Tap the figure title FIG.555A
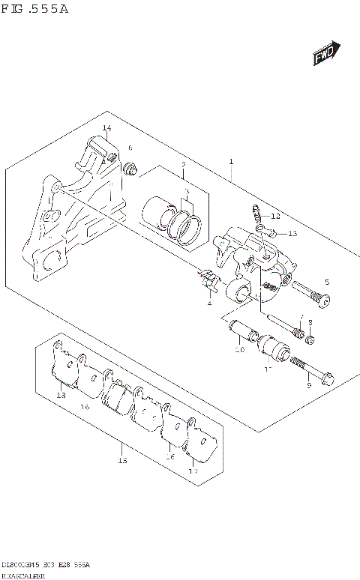click(x=37, y=9)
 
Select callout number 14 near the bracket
click(x=107, y=129)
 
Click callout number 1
click(x=232, y=161)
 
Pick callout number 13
click(x=292, y=234)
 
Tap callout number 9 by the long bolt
click(x=308, y=386)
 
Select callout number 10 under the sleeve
click(x=238, y=349)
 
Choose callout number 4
click(x=209, y=303)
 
